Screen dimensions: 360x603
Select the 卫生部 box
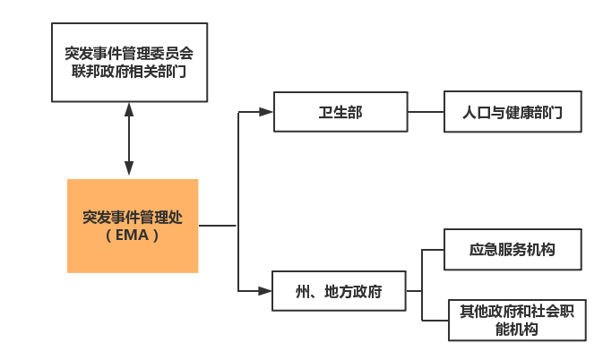pos(340,113)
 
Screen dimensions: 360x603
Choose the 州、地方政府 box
pos(339,291)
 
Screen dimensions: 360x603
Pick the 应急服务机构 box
pos(513,249)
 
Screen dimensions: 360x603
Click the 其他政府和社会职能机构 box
pos(518,320)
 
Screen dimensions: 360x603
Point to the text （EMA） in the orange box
pos(132,236)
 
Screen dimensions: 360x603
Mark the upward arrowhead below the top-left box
pos(130,108)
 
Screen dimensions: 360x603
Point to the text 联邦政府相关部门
pos(130,72)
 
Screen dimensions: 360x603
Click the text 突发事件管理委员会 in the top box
pos(130,53)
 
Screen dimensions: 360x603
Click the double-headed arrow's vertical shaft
pos(130,139)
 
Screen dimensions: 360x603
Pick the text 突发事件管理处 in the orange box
pos(132,216)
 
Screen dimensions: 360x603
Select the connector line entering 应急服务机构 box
pos(434,249)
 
